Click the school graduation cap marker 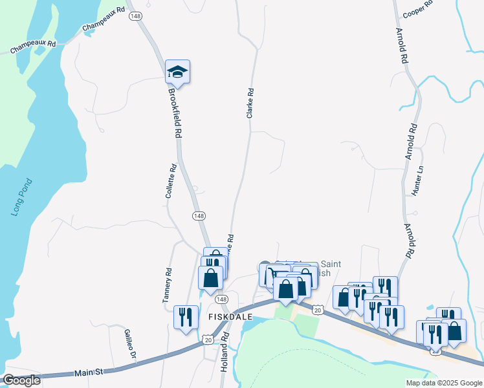[177, 72]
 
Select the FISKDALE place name [225, 316]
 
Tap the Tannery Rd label [167, 285]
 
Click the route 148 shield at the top [135, 16]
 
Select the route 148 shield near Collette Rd [199, 215]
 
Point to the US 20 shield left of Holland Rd [207, 339]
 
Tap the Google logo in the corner [21, 380]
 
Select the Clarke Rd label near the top [249, 103]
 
